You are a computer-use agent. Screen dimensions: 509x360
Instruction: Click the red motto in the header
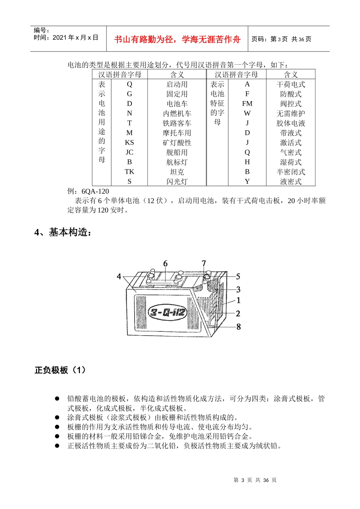coord(177,39)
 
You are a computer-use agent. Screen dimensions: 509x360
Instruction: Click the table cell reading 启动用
coord(177,84)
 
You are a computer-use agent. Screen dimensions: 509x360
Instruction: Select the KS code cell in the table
coord(129,142)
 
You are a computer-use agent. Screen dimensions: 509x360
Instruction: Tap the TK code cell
coord(129,172)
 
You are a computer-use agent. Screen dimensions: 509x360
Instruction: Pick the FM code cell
coord(247,103)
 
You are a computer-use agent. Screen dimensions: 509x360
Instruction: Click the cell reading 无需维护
coord(291,113)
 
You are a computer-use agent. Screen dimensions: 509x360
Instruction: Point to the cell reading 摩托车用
coord(177,133)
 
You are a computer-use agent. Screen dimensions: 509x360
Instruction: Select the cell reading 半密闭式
coord(291,172)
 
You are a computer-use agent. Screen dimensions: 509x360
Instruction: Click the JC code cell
coord(129,152)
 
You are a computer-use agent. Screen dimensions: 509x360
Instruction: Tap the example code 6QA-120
coord(95,191)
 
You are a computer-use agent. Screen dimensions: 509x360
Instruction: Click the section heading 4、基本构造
coord(63,232)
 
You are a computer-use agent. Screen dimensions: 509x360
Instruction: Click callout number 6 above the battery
coord(165,264)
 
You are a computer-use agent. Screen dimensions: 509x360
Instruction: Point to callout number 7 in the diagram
coord(204,264)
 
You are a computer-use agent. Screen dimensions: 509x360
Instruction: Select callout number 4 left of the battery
coord(119,276)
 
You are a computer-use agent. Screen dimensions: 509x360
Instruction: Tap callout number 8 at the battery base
coord(238,326)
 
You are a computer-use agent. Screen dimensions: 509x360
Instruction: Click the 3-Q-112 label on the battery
coord(167,312)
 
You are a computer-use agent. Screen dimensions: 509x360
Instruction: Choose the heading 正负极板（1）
coord(60,370)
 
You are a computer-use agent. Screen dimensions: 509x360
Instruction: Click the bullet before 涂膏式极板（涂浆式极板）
coord(57,417)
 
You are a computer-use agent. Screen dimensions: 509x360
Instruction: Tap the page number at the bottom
coord(255,480)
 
